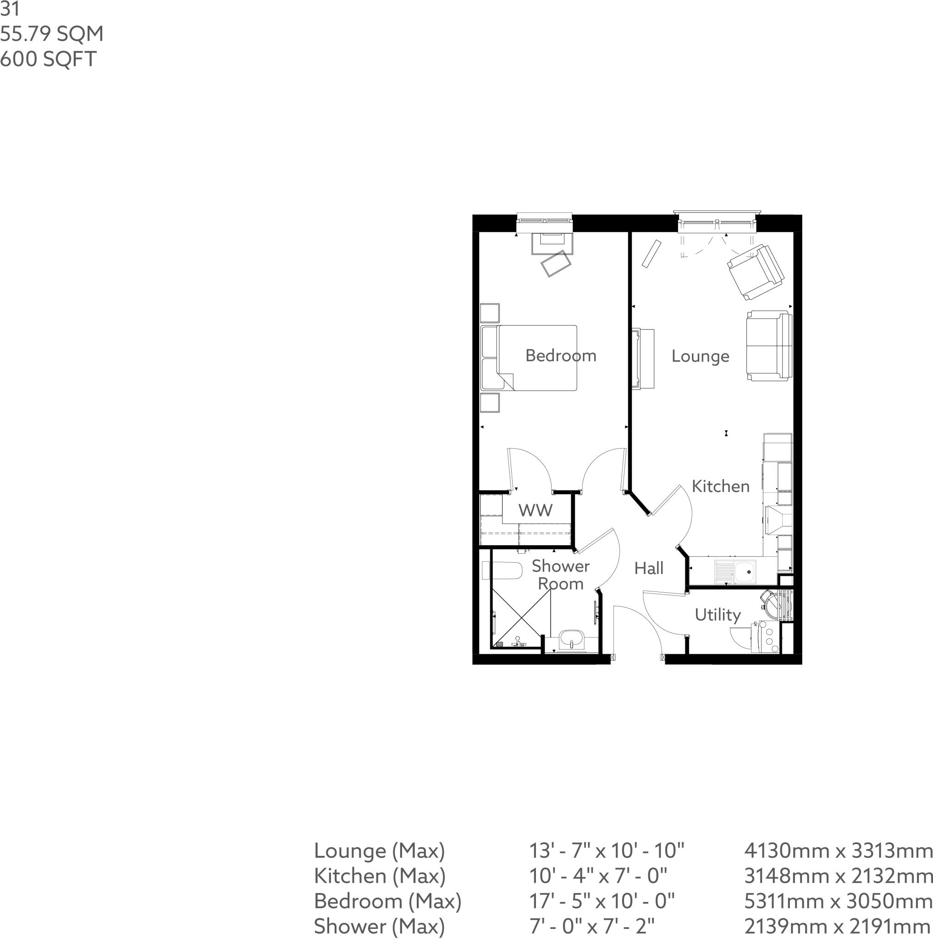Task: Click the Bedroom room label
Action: pos(561,356)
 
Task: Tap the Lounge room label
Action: pos(700,356)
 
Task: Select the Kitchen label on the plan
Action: pos(720,486)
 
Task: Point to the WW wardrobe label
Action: pos(535,510)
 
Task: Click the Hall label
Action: pos(649,568)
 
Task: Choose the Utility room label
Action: pos(718,615)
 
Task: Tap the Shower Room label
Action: pos(560,574)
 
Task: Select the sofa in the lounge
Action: pos(769,346)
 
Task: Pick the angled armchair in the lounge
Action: pos(755,272)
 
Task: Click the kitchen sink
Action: pos(736,572)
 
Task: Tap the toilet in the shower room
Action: pos(502,570)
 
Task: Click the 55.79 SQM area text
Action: pos(52,34)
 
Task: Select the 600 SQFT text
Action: pos(48,59)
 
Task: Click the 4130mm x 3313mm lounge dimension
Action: pos(838,851)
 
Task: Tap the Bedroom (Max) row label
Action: pos(387,901)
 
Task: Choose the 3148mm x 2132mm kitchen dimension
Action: pos(838,876)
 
